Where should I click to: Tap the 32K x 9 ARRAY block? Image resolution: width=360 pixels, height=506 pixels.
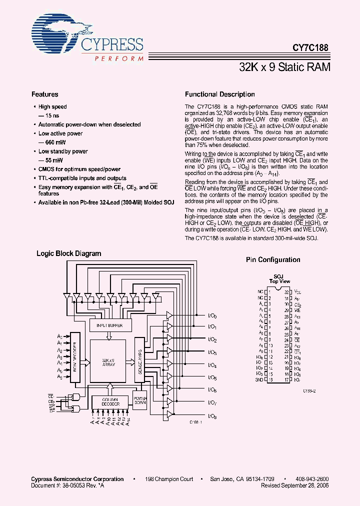pos(108,362)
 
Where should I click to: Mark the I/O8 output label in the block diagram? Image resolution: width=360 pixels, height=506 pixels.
pos(212,415)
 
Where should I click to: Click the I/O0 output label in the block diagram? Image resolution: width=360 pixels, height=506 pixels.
pos(212,315)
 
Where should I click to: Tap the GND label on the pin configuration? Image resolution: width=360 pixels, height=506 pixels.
pos(258,380)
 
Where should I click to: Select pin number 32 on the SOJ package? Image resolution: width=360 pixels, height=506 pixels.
pos(286,291)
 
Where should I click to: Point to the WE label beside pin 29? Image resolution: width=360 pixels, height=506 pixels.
pos(297,310)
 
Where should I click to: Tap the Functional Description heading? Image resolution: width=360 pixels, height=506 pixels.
pos(219,94)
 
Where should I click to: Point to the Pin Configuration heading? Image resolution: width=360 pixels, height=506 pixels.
pos(273,260)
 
